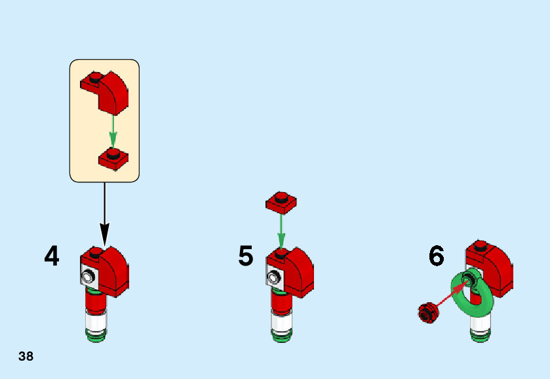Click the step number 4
click(x=52, y=256)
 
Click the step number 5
click(x=246, y=256)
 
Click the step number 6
click(x=437, y=256)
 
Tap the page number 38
click(x=26, y=357)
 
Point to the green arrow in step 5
click(x=281, y=229)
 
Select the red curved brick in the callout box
click(x=109, y=90)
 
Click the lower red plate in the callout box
click(x=113, y=158)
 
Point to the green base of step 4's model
click(x=96, y=337)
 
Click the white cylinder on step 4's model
click(x=96, y=321)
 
